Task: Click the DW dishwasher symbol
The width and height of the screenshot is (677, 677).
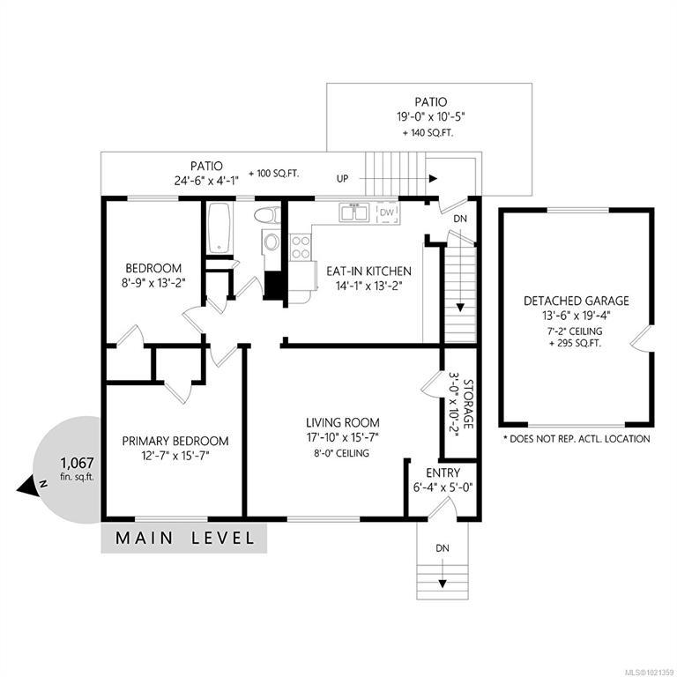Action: [x=387, y=212]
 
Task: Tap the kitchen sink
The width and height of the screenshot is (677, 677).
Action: [x=354, y=212]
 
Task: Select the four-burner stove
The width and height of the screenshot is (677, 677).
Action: [x=300, y=247]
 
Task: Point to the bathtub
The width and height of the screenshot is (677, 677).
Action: [x=219, y=228]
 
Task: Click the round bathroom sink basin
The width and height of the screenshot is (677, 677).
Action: [x=272, y=242]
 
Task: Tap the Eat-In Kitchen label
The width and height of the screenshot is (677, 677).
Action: [x=368, y=272]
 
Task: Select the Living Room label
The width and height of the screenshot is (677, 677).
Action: [x=343, y=422]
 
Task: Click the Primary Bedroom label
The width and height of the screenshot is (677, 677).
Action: [x=175, y=441]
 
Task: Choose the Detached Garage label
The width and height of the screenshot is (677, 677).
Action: [x=576, y=301]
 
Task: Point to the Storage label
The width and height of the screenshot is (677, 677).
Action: [x=468, y=404]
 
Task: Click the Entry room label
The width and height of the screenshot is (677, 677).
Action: [x=443, y=472]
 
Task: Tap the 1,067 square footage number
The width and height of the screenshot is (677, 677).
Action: [x=78, y=464]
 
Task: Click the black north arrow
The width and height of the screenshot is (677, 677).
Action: [x=25, y=487]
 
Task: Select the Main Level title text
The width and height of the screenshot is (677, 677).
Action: [x=185, y=538]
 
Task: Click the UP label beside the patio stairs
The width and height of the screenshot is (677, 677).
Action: [x=342, y=178]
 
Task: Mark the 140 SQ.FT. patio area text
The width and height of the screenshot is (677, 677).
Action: [x=428, y=133]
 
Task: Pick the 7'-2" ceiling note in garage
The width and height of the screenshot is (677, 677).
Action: [x=576, y=331]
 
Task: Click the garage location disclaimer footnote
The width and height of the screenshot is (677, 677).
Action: [x=577, y=439]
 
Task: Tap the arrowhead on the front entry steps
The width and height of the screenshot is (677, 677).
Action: [x=443, y=584]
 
